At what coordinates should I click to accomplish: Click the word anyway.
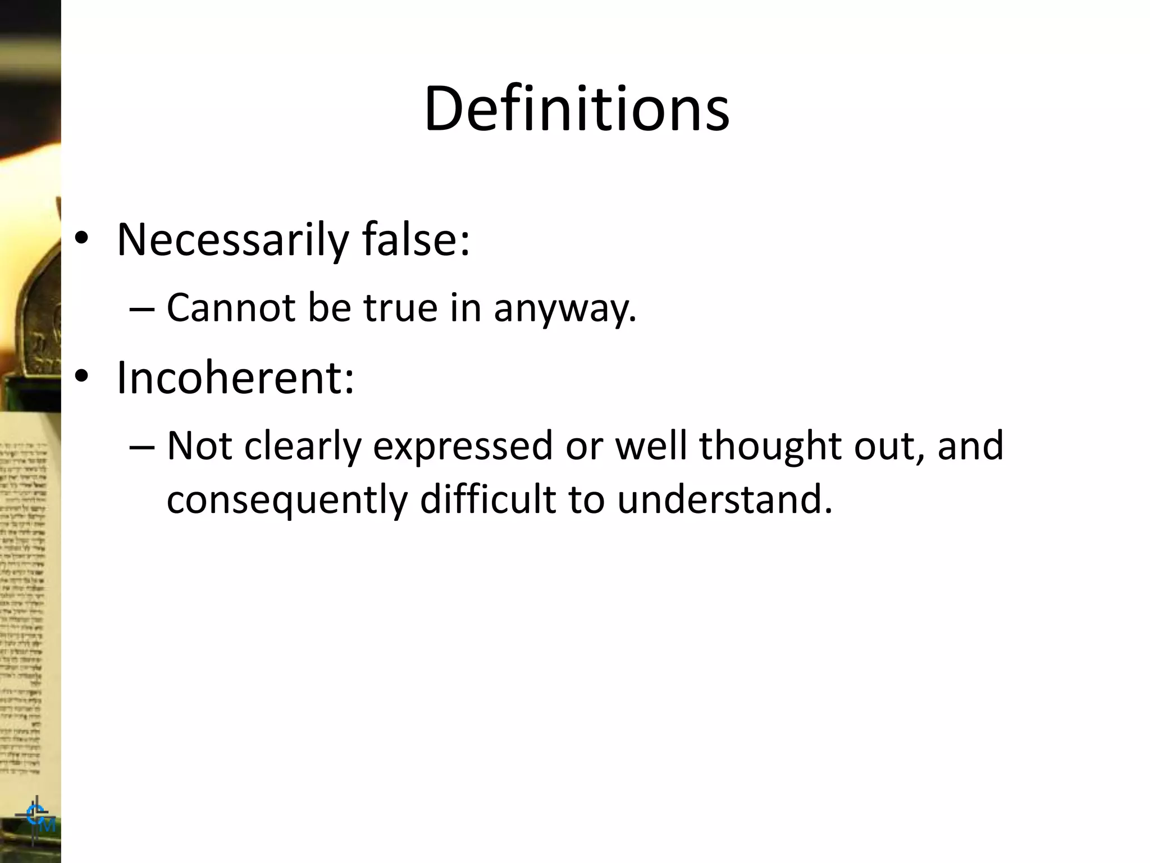click(x=564, y=309)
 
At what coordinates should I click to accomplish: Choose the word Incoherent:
click(x=235, y=377)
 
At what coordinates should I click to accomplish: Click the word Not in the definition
click(x=199, y=446)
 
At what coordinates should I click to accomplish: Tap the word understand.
click(x=724, y=499)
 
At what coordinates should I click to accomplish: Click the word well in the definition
click(x=651, y=446)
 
